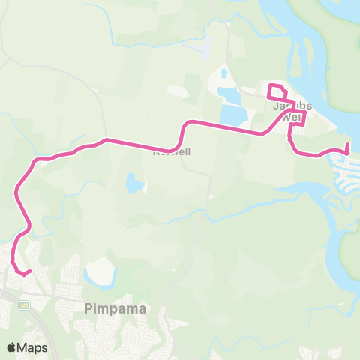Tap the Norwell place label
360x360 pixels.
[172, 151]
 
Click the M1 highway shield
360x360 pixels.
[25, 304]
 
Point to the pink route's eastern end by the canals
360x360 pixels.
[347, 145]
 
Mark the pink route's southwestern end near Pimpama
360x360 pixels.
[26, 273]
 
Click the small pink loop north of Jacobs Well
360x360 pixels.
[277, 92]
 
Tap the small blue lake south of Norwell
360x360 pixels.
[134, 183]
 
